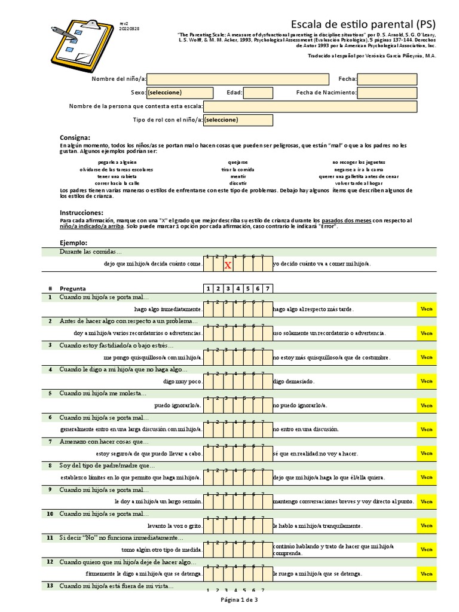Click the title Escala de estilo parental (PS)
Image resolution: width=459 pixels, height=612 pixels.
363,24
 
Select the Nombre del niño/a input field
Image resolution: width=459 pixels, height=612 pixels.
238,79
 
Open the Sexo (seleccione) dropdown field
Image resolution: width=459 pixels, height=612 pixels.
180,93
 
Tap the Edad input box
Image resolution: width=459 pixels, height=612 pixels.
258,93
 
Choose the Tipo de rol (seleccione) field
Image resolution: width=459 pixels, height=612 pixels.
238,120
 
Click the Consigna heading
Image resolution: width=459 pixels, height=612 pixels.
75,137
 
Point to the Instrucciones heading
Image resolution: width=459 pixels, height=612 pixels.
82,213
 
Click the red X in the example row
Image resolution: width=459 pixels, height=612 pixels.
227,265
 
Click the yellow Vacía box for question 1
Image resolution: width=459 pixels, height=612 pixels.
427,309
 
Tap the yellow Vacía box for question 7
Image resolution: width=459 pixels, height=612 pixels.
427,454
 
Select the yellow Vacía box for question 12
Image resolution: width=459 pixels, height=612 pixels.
427,574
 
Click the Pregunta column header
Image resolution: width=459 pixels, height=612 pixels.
72,288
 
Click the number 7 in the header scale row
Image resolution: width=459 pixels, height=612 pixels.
267,288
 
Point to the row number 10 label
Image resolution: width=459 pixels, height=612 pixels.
50,514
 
